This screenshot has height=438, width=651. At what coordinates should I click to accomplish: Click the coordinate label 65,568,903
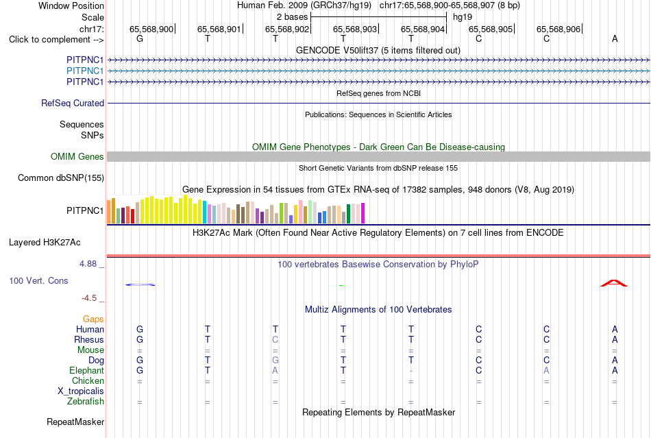pos(355,29)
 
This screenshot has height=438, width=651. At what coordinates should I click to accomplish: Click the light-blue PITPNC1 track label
pos(85,71)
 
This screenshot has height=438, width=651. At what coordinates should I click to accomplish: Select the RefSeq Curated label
pos(73,103)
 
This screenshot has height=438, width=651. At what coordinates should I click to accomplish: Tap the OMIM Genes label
pos(77,156)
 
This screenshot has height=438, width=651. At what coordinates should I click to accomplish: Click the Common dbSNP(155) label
pos(61,178)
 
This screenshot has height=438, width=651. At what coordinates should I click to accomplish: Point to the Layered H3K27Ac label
pos(45,243)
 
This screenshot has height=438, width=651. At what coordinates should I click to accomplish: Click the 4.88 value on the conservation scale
pos(88,264)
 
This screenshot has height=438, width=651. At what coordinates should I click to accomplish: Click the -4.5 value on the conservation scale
pos(89,298)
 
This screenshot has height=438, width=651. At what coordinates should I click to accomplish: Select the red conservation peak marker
pos(613,283)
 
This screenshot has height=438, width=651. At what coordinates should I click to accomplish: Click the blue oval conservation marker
pos(140,284)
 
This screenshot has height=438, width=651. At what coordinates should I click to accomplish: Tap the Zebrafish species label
pos(86,402)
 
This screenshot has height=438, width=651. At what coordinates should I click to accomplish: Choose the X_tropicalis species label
pos(81,391)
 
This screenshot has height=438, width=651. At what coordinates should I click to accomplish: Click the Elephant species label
pos(87,370)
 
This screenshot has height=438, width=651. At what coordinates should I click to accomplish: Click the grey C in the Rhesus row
pos(275,339)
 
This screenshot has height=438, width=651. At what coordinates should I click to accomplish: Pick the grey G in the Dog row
pos(275,360)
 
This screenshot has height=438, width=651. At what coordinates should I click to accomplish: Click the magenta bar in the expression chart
pos(363,213)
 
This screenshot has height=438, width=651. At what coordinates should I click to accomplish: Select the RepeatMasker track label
pos(75,422)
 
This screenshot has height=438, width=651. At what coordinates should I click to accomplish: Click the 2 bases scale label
pos(293,17)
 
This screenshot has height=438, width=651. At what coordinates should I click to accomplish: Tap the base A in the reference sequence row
pos(615,39)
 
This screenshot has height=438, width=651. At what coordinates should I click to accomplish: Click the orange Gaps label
pos(93,319)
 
